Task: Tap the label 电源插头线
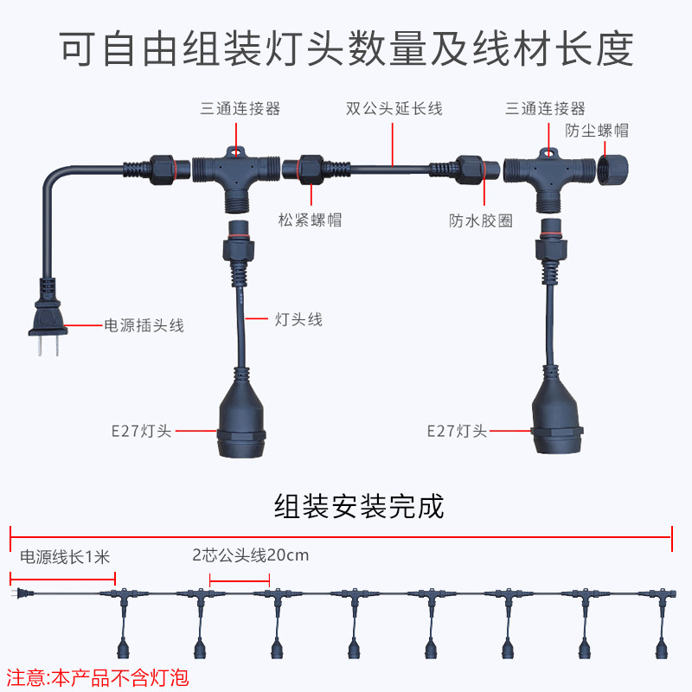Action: pyautogui.click(x=144, y=326)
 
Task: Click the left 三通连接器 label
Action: pyautogui.click(x=240, y=109)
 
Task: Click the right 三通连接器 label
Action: pyautogui.click(x=546, y=109)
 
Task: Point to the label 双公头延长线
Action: pyautogui.click(x=394, y=109)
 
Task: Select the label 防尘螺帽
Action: pyautogui.click(x=597, y=131)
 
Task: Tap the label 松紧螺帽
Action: pyautogui.click(x=310, y=220)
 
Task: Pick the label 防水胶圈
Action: pyautogui.click(x=481, y=221)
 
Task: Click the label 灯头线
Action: pyautogui.click(x=298, y=320)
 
